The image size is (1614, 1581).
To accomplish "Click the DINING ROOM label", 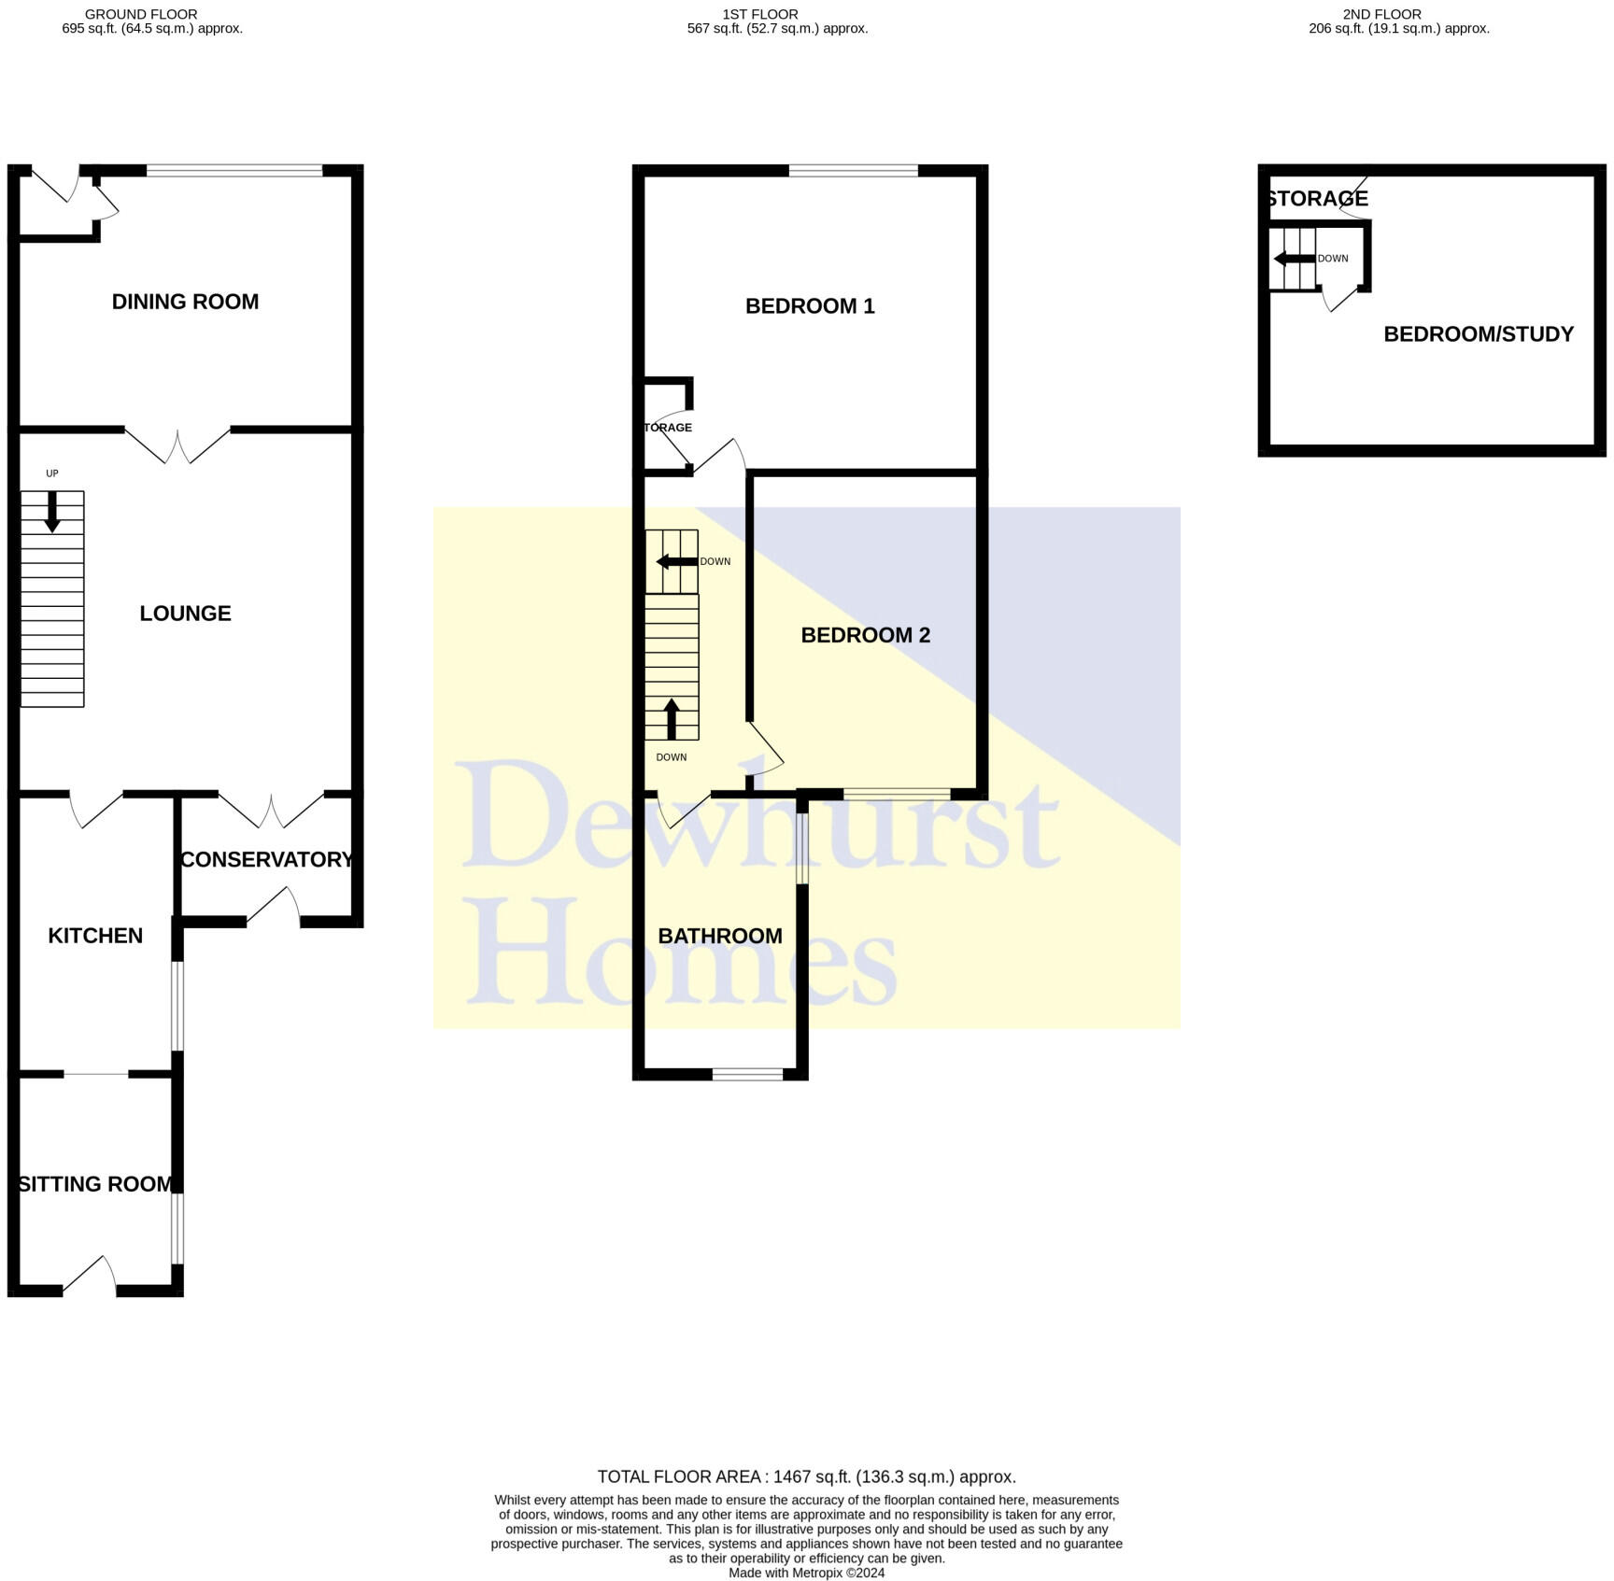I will pos(185,302).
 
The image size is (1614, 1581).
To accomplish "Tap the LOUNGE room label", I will pos(185,614).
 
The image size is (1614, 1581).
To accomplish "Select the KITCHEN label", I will pos(95,936).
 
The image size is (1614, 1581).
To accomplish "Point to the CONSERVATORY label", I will pos(266,860).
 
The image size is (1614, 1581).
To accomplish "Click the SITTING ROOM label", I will pos(95,1184).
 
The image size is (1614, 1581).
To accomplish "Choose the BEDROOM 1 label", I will pos(810,306).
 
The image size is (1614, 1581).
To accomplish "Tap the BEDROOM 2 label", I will pos(865,635).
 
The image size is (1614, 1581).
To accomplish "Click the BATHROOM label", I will pos(719,936).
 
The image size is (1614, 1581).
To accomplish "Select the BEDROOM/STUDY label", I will pos(1478,334).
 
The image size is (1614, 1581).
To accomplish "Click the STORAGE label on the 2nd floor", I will pos(1317,199).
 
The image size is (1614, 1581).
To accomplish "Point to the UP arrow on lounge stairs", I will pos(52,512).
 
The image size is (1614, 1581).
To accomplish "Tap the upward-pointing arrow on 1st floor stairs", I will pos(671,718).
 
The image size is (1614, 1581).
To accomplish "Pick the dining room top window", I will pos(234,171).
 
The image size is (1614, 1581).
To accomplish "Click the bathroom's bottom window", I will pos(747,1075).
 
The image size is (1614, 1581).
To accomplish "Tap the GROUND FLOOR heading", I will pos(141,14).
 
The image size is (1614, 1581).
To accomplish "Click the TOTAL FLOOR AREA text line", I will pos(806,1476).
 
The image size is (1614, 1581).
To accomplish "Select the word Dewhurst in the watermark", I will pos(757,815).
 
